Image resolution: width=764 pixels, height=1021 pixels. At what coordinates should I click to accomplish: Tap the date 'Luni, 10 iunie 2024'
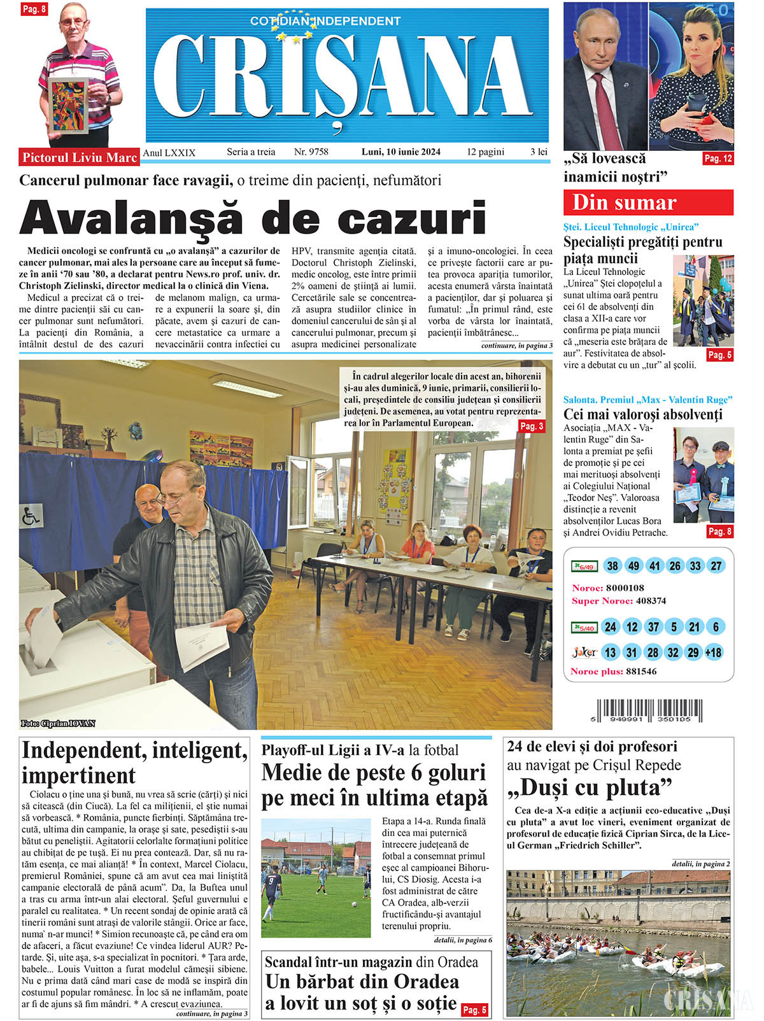[400, 151]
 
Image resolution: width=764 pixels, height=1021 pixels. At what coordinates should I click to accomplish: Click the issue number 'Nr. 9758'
[311, 151]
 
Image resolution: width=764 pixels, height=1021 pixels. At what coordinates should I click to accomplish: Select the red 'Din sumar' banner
[647, 202]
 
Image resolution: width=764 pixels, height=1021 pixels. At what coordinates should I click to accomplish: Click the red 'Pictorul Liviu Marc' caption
[80, 157]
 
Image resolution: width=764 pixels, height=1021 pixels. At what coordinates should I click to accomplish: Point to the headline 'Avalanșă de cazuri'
[253, 218]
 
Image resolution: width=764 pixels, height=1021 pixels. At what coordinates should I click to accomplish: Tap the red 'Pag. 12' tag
[718, 158]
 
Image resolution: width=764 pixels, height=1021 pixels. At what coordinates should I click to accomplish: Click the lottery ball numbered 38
[612, 566]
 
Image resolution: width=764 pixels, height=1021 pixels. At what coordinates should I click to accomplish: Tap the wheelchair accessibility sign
[31, 515]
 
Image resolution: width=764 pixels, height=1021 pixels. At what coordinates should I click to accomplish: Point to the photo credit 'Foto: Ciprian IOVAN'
[58, 723]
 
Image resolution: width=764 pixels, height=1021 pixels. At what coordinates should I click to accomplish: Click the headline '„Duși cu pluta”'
[590, 788]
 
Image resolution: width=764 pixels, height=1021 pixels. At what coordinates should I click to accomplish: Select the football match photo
[316, 878]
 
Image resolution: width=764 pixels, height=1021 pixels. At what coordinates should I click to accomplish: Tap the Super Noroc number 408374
[651, 601]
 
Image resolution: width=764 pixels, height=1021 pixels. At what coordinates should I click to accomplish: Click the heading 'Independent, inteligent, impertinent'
[134, 763]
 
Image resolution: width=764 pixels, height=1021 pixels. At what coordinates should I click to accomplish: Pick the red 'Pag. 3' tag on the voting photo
[531, 426]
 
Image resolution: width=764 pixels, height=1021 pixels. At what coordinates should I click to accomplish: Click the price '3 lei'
[539, 151]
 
